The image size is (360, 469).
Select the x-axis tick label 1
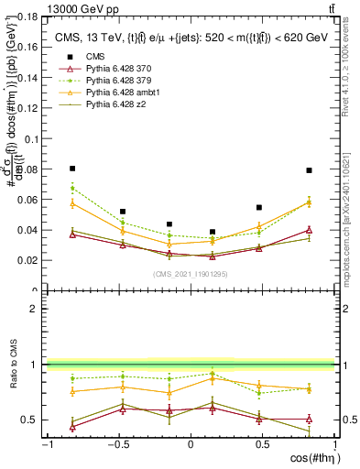click(x=333, y=444)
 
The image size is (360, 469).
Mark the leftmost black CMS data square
click(x=72, y=169)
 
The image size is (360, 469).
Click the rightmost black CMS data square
click(x=310, y=170)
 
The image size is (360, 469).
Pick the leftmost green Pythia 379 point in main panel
click(x=72, y=188)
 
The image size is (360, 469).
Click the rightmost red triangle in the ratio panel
click(x=310, y=420)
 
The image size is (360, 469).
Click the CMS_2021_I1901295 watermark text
click(x=191, y=274)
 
